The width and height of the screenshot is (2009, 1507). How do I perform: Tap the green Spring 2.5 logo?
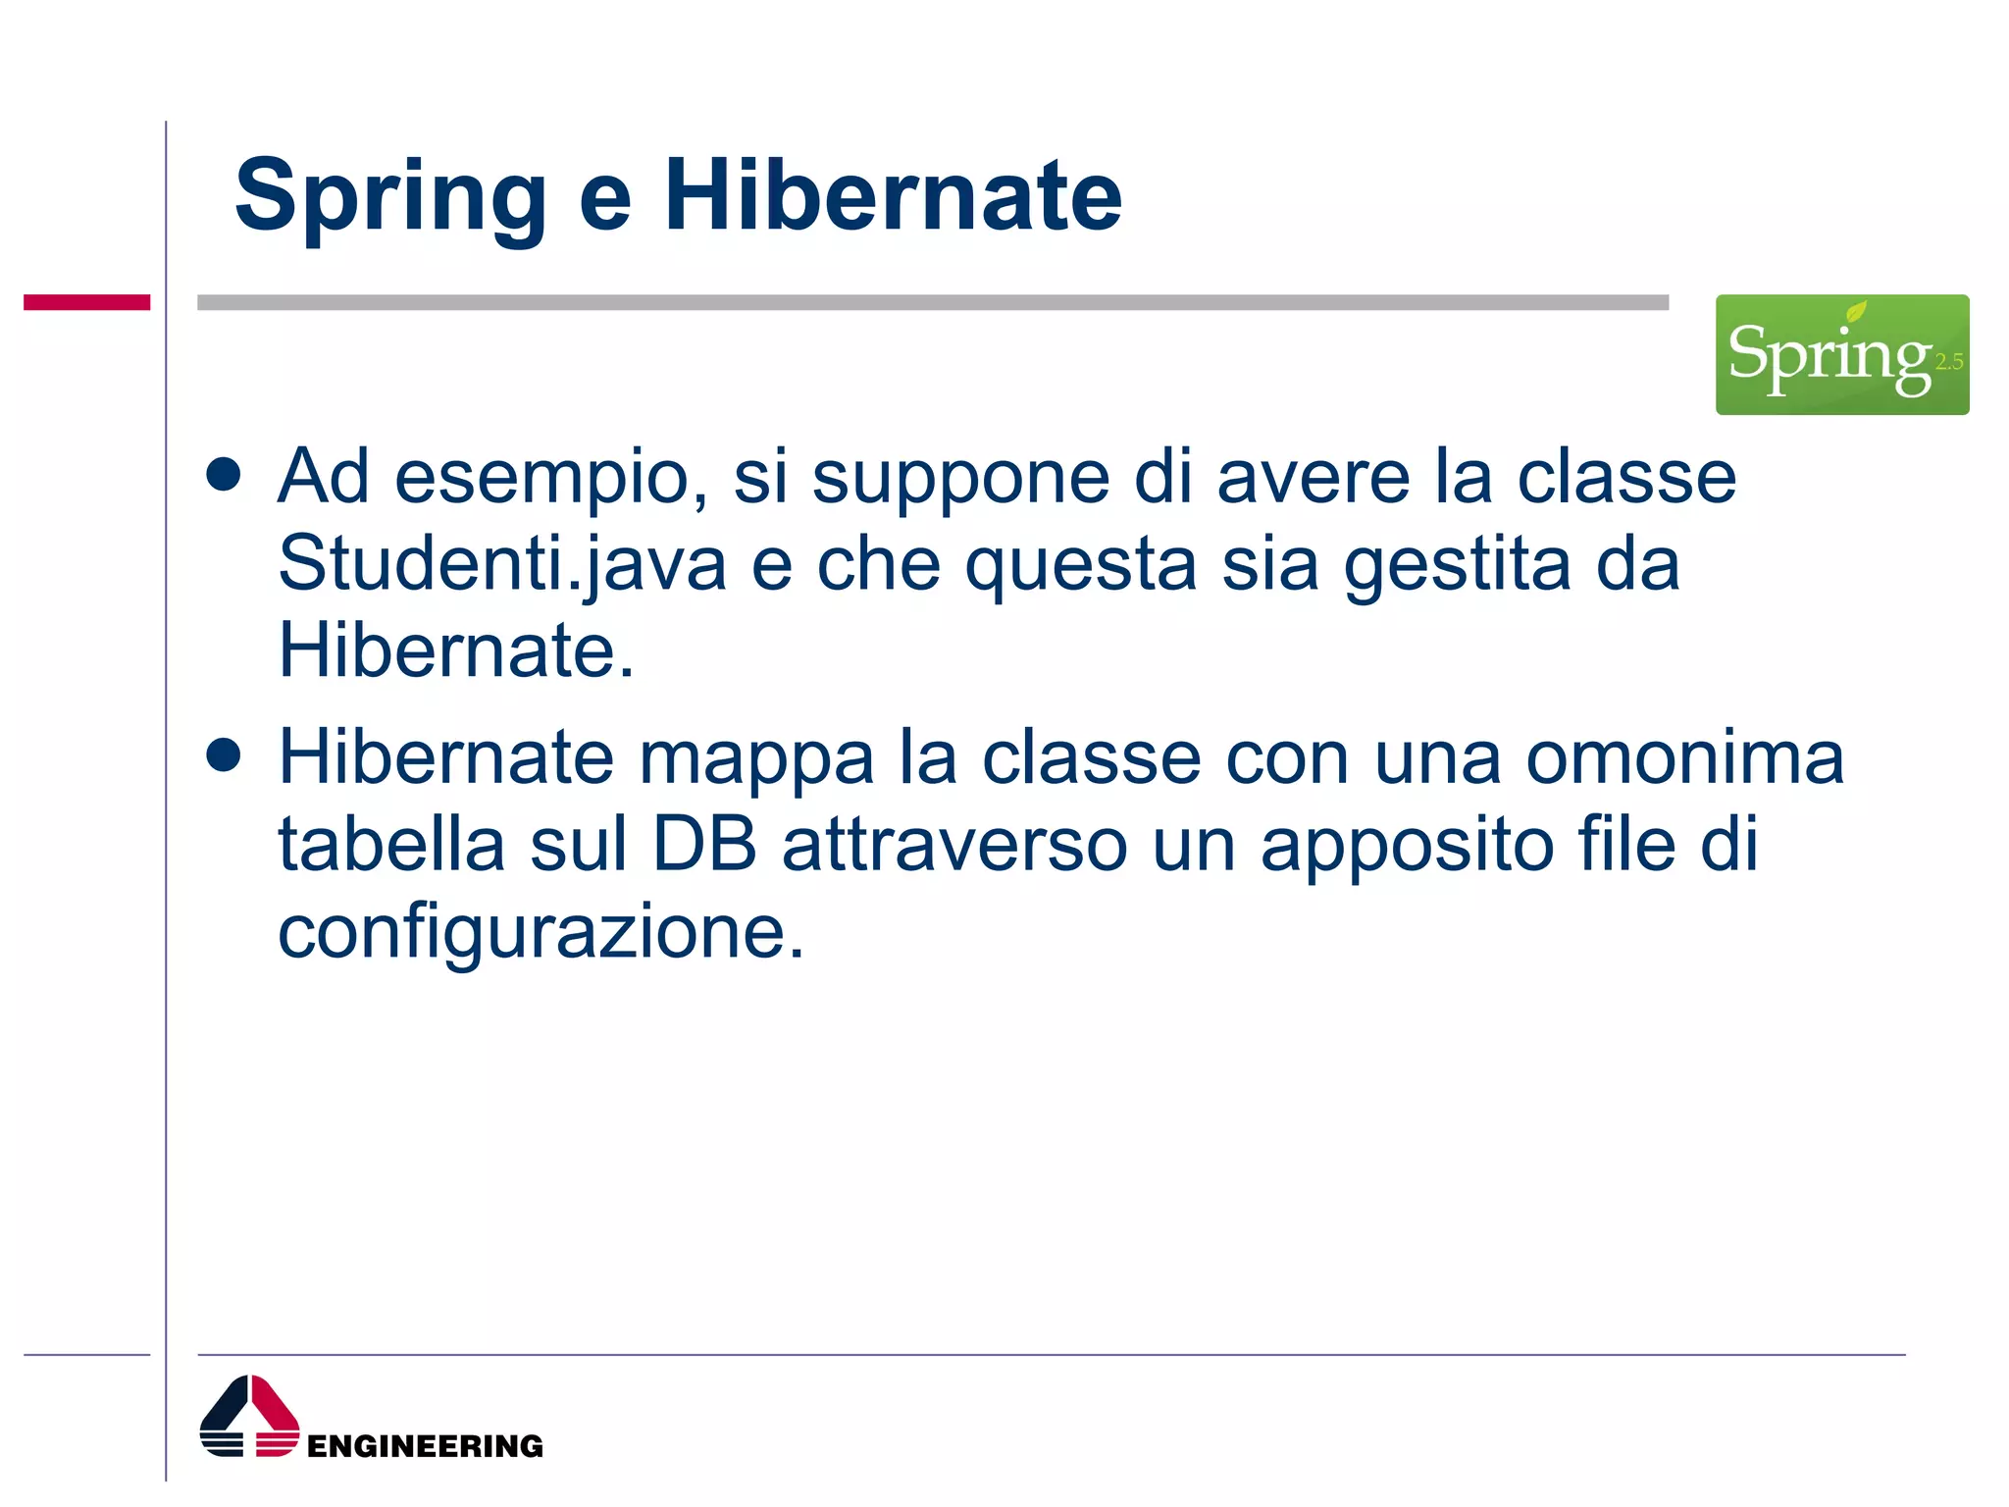tap(1841, 354)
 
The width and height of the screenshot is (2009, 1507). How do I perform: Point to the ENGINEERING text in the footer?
tap(425, 1446)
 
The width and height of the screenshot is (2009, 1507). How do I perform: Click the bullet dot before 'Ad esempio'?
tap(224, 475)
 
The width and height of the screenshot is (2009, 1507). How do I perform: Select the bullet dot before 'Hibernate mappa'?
tap(224, 755)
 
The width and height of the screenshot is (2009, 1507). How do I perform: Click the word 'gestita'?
tap(1457, 564)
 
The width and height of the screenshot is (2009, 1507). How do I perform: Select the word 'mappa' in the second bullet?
tap(756, 758)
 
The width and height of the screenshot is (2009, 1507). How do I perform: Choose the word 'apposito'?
tap(1407, 846)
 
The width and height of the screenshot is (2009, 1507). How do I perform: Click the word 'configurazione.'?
tap(541, 931)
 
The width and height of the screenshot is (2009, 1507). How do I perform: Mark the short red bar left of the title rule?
tap(86, 302)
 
